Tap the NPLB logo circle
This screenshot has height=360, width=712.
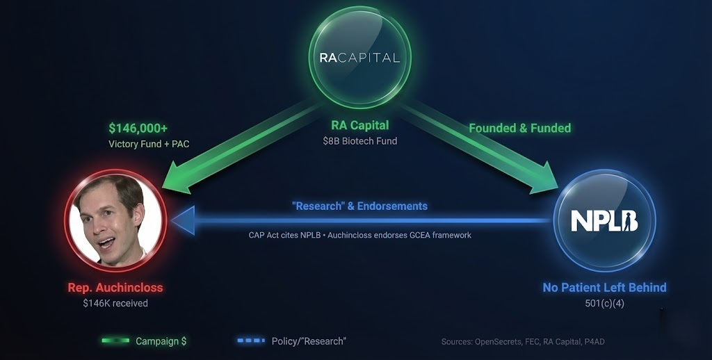click(x=604, y=220)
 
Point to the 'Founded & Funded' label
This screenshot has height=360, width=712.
click(x=519, y=128)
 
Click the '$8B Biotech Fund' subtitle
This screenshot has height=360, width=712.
click(x=359, y=142)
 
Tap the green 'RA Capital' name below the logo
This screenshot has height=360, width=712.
click(x=359, y=126)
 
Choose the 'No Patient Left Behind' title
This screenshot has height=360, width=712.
click(x=604, y=288)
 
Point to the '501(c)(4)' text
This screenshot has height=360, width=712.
click(x=604, y=303)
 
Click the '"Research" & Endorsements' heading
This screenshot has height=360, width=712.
click(x=359, y=206)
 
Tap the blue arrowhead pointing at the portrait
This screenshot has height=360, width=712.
click(x=182, y=221)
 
